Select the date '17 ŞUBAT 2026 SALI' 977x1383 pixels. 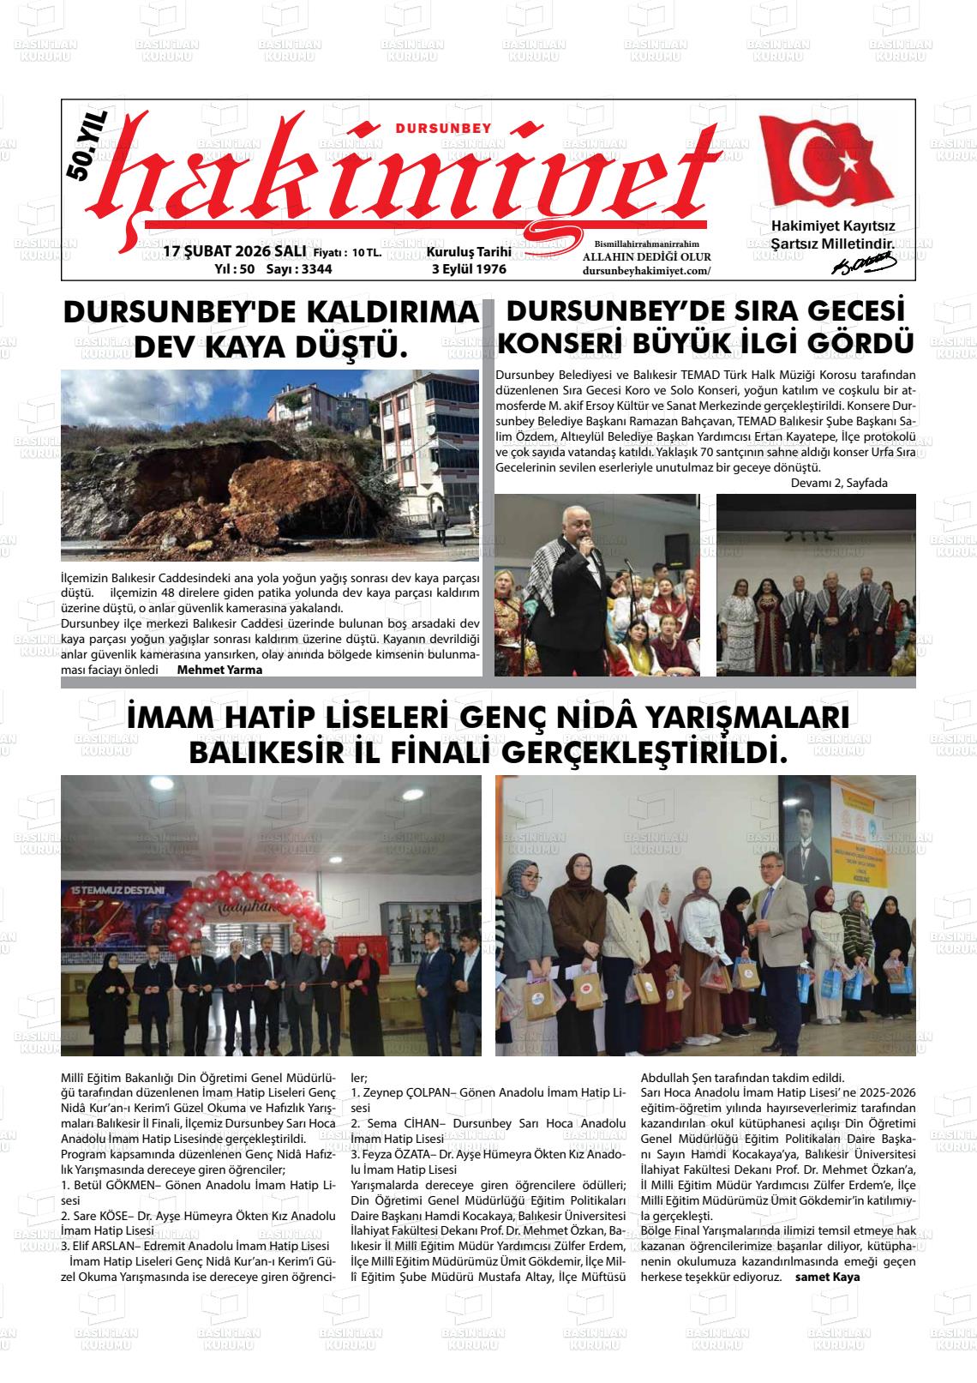pyautogui.click(x=229, y=252)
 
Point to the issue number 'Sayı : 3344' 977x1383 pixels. pyautogui.click(x=299, y=268)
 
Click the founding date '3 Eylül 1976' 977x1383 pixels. pyautogui.click(x=469, y=268)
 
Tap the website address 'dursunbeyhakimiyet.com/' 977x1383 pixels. pyautogui.click(x=646, y=271)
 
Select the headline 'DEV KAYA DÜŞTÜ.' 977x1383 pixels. pyautogui.click(x=271, y=347)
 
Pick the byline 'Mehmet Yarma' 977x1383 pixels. pyautogui.click(x=219, y=670)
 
